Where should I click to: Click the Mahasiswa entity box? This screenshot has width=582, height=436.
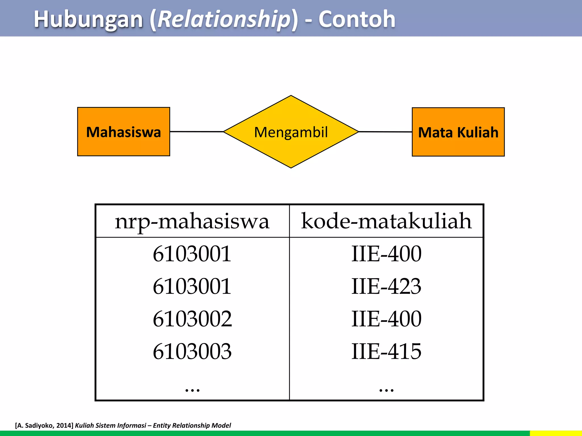click(124, 132)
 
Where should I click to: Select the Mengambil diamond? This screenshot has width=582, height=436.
click(291, 132)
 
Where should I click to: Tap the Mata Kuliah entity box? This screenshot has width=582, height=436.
click(458, 132)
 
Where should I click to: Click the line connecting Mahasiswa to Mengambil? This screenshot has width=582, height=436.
click(197, 131)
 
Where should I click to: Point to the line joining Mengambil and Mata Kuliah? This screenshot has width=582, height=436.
click(385, 132)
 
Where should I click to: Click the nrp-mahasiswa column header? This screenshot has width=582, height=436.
click(192, 221)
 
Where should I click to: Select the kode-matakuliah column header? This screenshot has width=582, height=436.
click(386, 221)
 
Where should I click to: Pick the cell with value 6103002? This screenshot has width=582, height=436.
click(192, 319)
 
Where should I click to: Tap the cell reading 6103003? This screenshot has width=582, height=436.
click(192, 351)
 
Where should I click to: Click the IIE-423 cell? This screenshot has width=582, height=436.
click(386, 286)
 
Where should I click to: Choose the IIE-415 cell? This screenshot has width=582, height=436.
click(386, 351)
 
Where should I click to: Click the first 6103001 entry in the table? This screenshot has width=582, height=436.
click(192, 253)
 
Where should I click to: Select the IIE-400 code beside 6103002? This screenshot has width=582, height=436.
click(386, 319)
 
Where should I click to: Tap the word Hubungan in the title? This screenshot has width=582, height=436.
click(88, 19)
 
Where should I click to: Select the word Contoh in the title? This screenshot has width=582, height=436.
click(357, 19)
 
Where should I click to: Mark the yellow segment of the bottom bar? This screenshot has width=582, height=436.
click(556, 433)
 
